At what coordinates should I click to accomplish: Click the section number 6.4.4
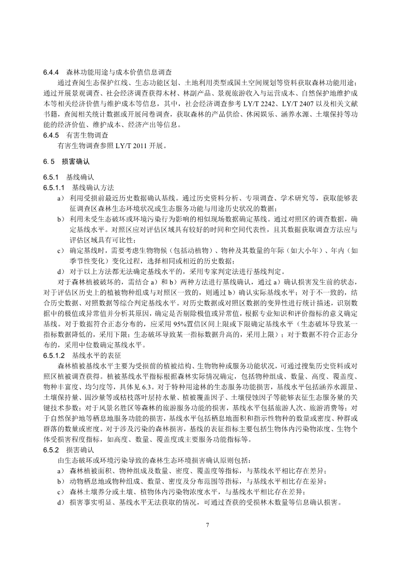[x=51, y=72]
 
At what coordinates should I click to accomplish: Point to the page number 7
[x=206, y=524]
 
